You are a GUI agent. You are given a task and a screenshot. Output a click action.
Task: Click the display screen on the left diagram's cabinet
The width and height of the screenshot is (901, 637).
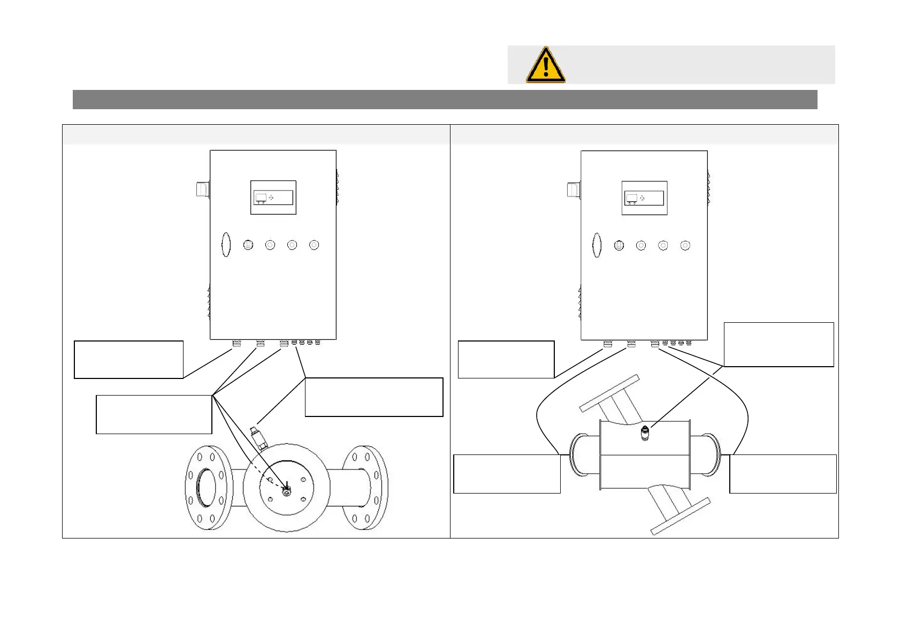273,198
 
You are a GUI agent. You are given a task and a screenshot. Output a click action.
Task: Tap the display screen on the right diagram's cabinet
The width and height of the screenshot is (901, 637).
644,198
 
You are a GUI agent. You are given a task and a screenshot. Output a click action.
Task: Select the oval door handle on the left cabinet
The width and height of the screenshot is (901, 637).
226,245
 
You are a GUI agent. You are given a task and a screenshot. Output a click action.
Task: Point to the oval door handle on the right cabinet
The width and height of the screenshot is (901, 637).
597,245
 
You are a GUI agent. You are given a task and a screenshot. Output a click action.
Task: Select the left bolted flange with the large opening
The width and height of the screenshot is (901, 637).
208,487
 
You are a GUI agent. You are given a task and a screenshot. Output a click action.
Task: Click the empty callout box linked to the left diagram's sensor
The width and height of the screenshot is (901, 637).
373,397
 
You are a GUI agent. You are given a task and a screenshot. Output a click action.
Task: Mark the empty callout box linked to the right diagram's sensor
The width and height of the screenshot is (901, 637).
778,344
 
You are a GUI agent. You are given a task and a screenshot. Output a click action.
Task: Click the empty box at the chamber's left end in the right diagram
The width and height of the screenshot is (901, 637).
507,474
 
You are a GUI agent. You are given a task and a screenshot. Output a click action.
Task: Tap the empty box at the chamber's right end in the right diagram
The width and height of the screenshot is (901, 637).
783,474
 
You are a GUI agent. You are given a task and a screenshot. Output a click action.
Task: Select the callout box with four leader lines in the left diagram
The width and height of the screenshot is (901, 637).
154,414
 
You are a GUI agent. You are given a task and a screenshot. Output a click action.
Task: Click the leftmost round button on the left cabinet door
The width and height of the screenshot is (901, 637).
248,245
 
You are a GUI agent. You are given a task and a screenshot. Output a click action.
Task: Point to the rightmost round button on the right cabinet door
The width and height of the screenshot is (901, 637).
685,245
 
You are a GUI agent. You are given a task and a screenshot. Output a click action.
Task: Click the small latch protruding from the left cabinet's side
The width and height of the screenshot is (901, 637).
202,189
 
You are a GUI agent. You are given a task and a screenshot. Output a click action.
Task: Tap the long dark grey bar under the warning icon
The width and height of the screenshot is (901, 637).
445,100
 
